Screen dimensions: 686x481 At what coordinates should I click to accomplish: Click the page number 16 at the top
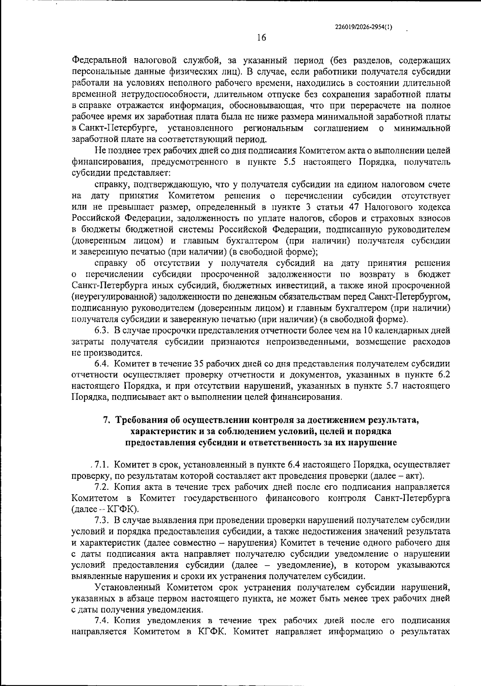pyautogui.click(x=261, y=38)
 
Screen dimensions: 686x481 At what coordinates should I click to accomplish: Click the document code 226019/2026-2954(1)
pyautogui.click(x=363, y=27)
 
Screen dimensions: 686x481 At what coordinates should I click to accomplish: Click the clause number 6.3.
pyautogui.click(x=102, y=331)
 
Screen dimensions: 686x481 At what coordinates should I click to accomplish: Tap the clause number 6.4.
pyautogui.click(x=102, y=364)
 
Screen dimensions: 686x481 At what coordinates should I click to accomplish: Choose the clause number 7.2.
pyautogui.click(x=102, y=487)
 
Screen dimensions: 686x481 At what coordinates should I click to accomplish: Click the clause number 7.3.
pyautogui.click(x=102, y=520)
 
